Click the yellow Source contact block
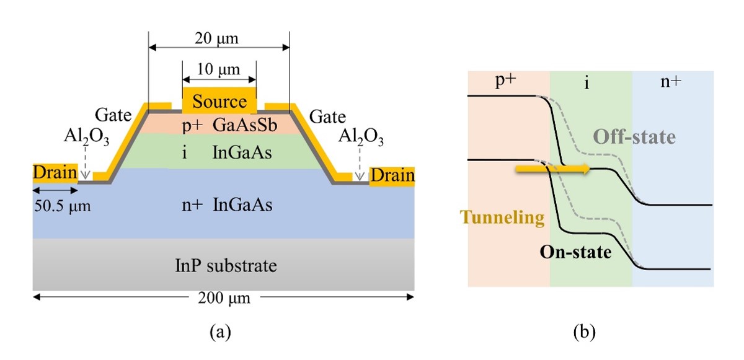219,102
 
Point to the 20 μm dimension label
219,39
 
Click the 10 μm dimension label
219,69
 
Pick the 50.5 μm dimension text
61,206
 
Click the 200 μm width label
224,299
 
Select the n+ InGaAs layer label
224,204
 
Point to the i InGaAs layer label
224,153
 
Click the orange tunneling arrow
551,169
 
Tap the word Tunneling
503,217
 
